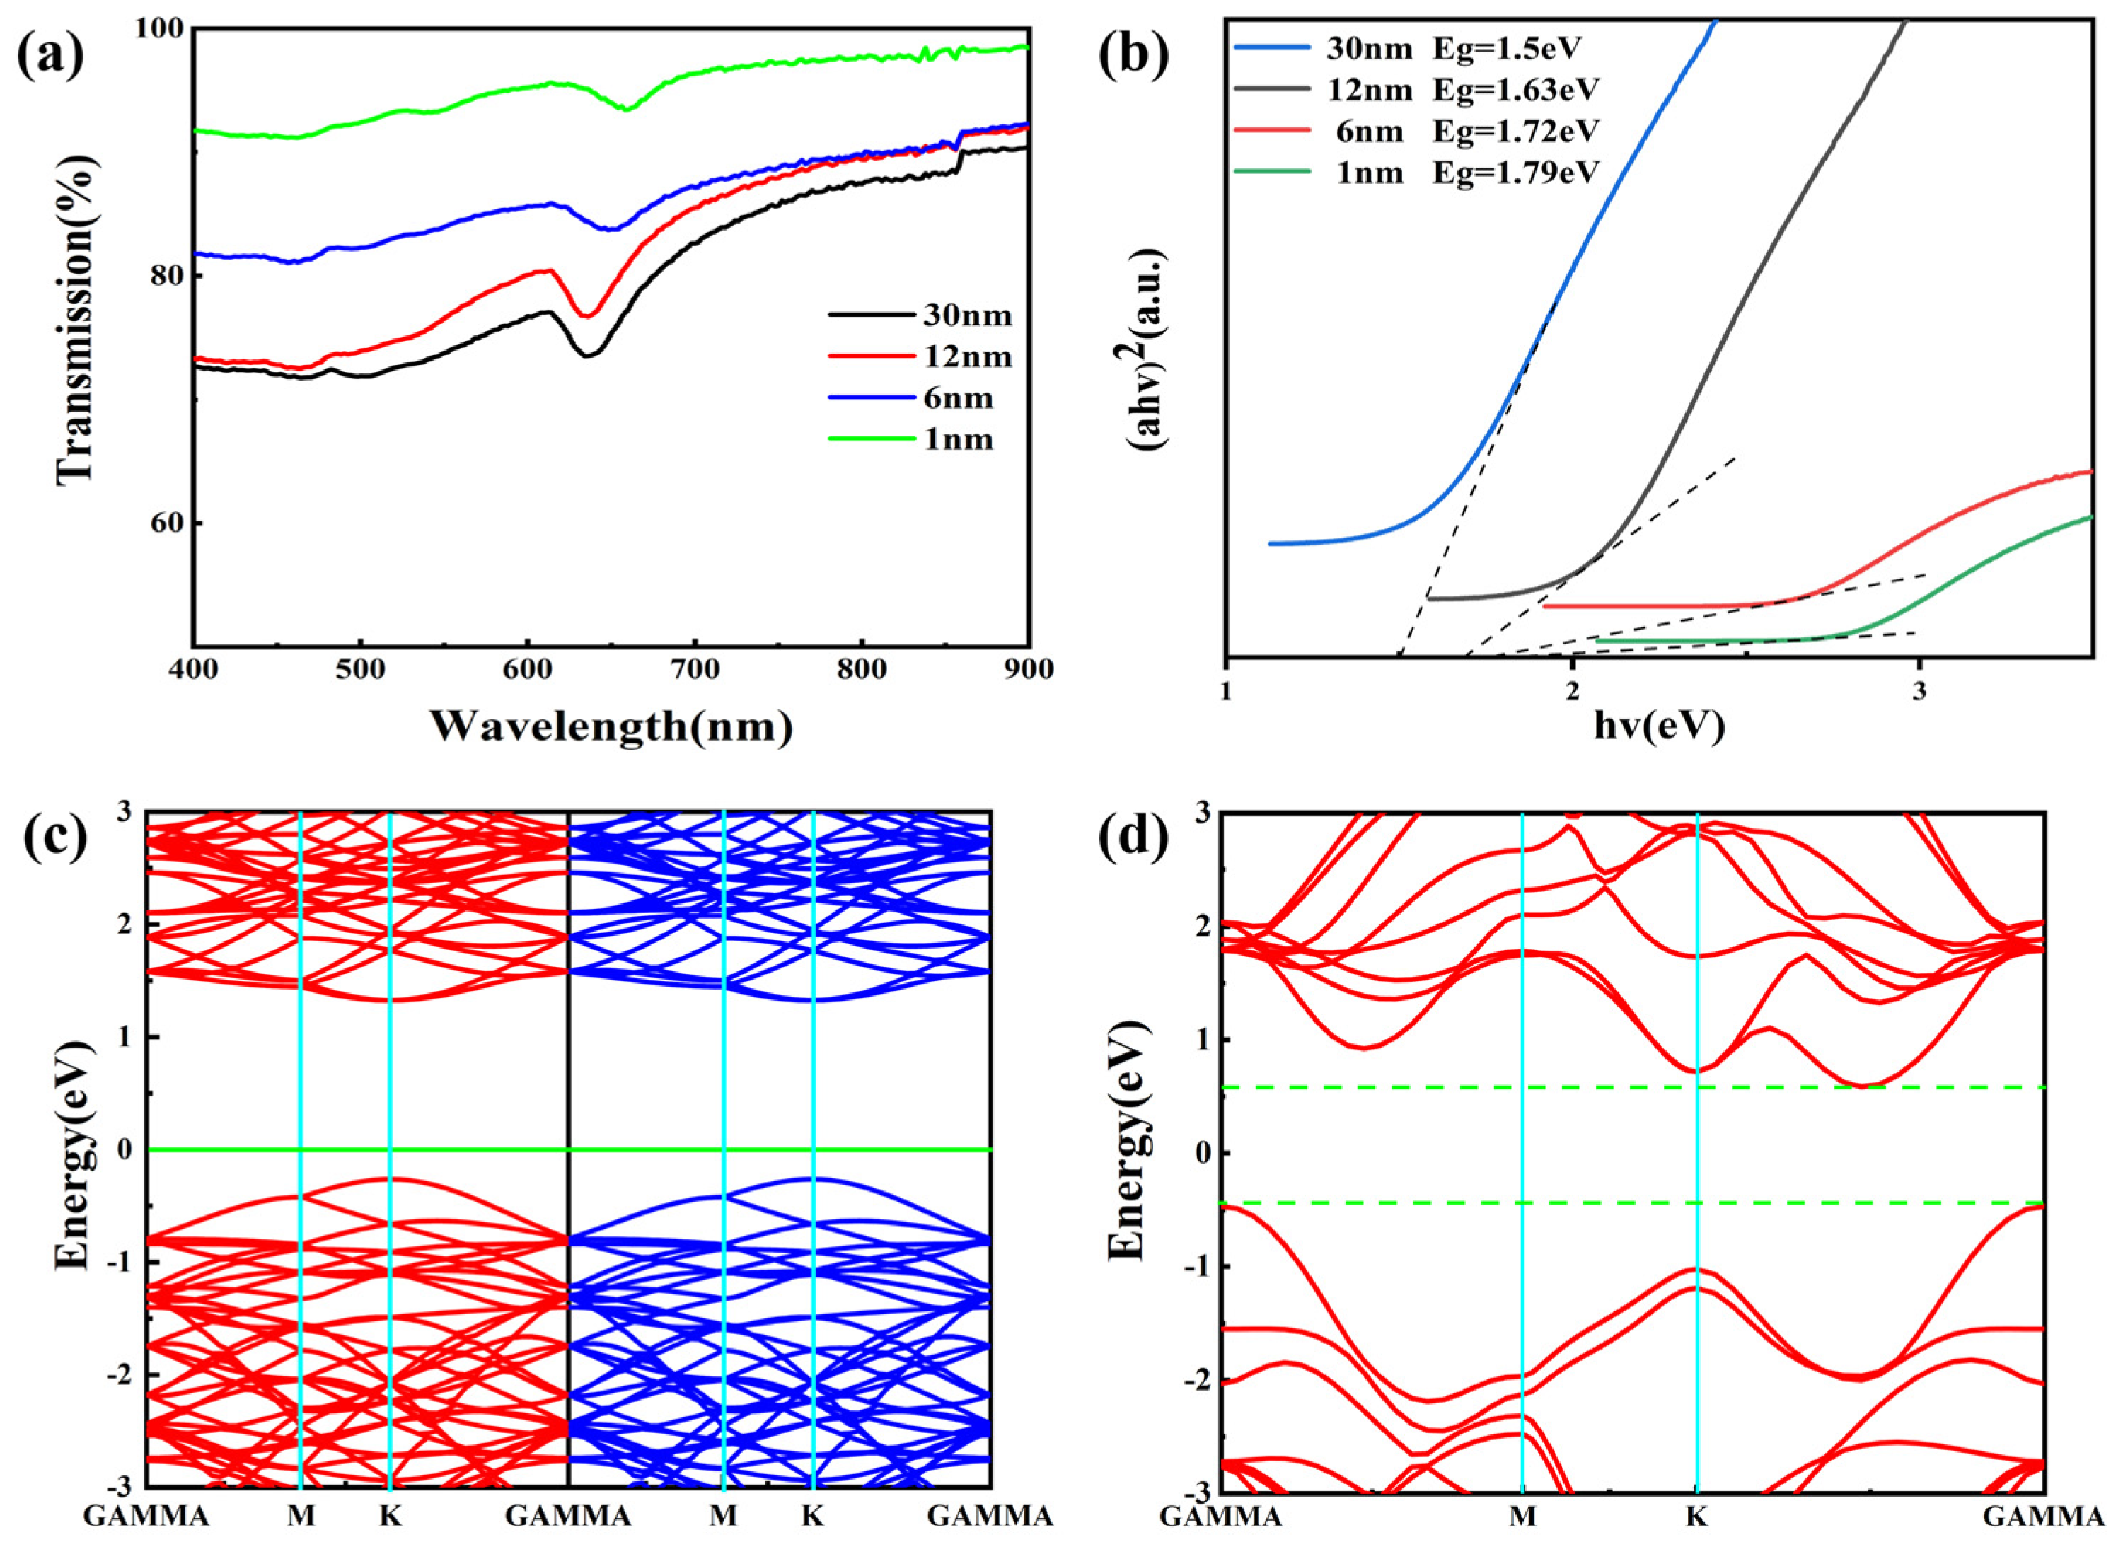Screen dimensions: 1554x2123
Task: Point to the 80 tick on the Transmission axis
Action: [x=170, y=276]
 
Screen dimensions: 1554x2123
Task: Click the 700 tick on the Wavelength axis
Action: [x=694, y=670]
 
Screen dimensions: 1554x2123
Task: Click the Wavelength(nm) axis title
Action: [x=611, y=726]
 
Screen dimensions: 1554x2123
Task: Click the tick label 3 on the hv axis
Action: [x=1919, y=690]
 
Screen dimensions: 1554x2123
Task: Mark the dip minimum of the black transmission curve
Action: [x=588, y=354]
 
